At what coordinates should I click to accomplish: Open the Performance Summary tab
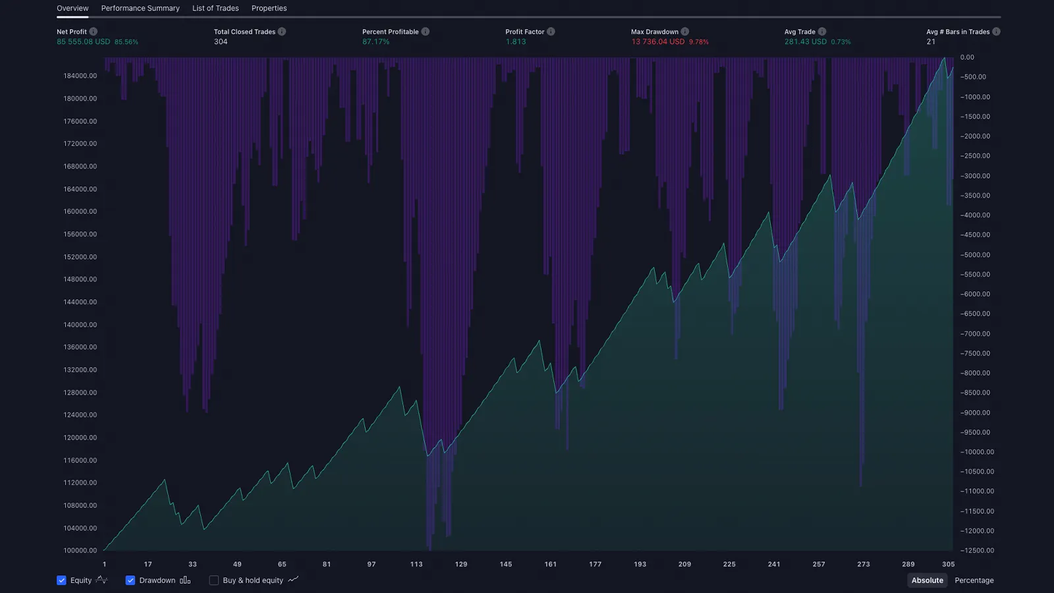tap(140, 9)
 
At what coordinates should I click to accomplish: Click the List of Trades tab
tap(215, 9)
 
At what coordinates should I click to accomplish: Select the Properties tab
tap(269, 9)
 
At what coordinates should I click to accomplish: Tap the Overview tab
tap(72, 9)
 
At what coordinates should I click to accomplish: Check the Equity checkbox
tap(61, 580)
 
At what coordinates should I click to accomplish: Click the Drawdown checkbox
tap(130, 580)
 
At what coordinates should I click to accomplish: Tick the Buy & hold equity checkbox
tap(214, 580)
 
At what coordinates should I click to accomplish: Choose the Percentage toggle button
tap(974, 580)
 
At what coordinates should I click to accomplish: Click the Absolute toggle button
tap(928, 580)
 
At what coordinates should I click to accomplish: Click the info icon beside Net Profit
tap(94, 32)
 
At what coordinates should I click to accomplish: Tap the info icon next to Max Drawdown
tap(685, 32)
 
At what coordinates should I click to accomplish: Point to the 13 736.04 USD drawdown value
tap(657, 42)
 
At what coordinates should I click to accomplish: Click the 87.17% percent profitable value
tap(375, 42)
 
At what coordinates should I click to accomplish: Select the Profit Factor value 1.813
tap(516, 42)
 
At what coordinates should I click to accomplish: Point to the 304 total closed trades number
tap(221, 42)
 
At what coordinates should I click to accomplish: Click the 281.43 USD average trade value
tap(805, 42)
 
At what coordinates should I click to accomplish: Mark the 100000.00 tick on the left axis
tap(80, 551)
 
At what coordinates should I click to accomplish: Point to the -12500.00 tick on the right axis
tap(977, 551)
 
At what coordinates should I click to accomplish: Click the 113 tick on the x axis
tap(416, 565)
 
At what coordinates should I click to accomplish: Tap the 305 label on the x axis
tap(948, 565)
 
